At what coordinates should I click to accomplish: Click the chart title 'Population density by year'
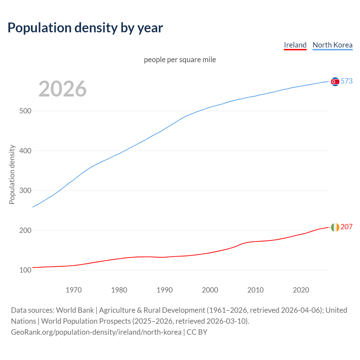[x=85, y=28]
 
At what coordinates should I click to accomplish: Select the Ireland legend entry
[x=295, y=45]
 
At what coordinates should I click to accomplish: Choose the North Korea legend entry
[x=332, y=45]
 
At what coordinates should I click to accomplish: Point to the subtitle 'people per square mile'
[x=180, y=60]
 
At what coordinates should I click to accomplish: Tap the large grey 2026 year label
[x=62, y=89]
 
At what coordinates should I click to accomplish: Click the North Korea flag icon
[x=335, y=82]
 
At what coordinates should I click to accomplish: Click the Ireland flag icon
[x=335, y=227]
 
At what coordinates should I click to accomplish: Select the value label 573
[x=346, y=81]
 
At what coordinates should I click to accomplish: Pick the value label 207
[x=346, y=227]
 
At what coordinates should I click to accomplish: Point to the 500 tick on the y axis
[x=25, y=111]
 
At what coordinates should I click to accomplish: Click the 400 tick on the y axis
[x=25, y=151]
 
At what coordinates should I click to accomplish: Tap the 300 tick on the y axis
[x=25, y=190]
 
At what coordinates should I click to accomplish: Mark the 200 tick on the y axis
[x=25, y=230]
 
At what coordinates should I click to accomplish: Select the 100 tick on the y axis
[x=25, y=270]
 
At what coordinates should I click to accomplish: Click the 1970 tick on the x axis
[x=74, y=290]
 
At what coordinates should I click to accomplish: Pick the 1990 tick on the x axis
[x=165, y=290]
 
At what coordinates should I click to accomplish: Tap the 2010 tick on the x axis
[x=255, y=290]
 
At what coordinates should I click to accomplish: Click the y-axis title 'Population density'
[x=12, y=174]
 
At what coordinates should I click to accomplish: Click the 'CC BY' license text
[x=197, y=332]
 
